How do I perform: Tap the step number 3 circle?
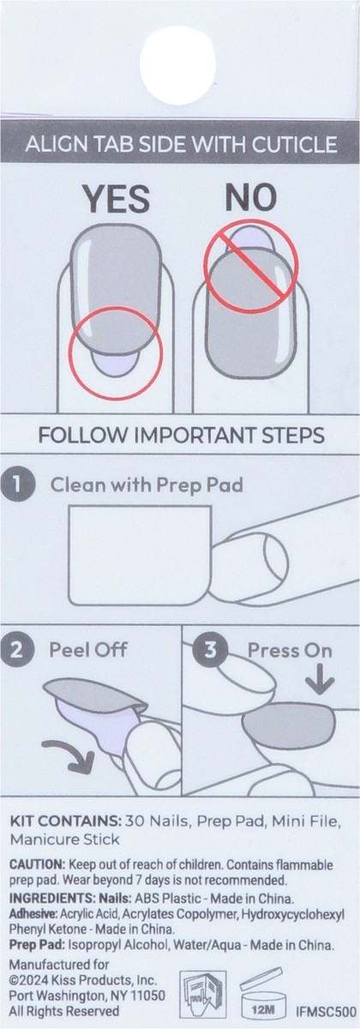pos(213,650)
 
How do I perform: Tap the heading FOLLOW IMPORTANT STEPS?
pos(180,436)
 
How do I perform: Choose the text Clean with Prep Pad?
pos(147,484)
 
